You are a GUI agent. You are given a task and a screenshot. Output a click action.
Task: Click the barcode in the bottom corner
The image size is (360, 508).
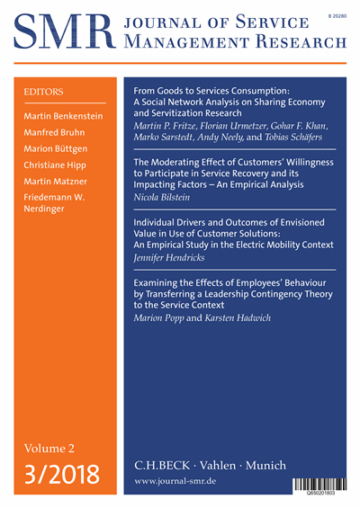tap(319, 486)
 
